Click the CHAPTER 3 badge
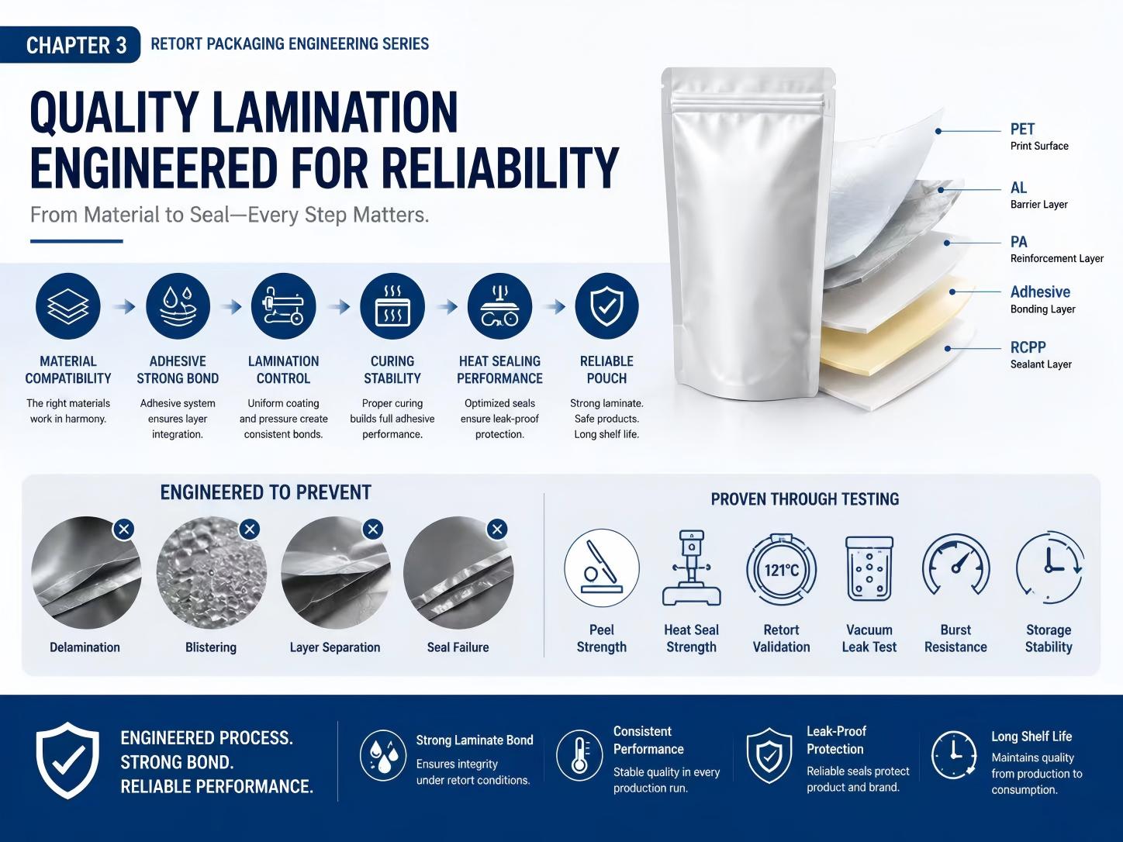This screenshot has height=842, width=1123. point(70,44)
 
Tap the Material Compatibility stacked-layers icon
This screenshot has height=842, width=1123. point(68,305)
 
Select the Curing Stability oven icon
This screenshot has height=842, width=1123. point(392,305)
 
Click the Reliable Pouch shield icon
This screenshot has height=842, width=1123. point(606,305)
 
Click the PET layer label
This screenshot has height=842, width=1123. point(1022,129)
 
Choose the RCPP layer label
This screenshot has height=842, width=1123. point(1028,347)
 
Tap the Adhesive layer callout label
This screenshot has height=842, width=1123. point(1040,292)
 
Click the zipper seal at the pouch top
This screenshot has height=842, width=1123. point(748,104)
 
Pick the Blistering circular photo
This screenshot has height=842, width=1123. point(211,573)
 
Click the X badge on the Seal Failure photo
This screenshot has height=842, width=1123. point(497,529)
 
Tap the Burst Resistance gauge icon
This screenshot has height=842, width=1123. point(955,565)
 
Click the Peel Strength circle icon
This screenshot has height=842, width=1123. point(602,568)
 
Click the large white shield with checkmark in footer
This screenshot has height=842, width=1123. point(68,760)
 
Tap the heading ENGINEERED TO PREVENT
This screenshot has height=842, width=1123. point(265,492)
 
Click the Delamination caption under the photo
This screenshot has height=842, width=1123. point(85,647)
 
